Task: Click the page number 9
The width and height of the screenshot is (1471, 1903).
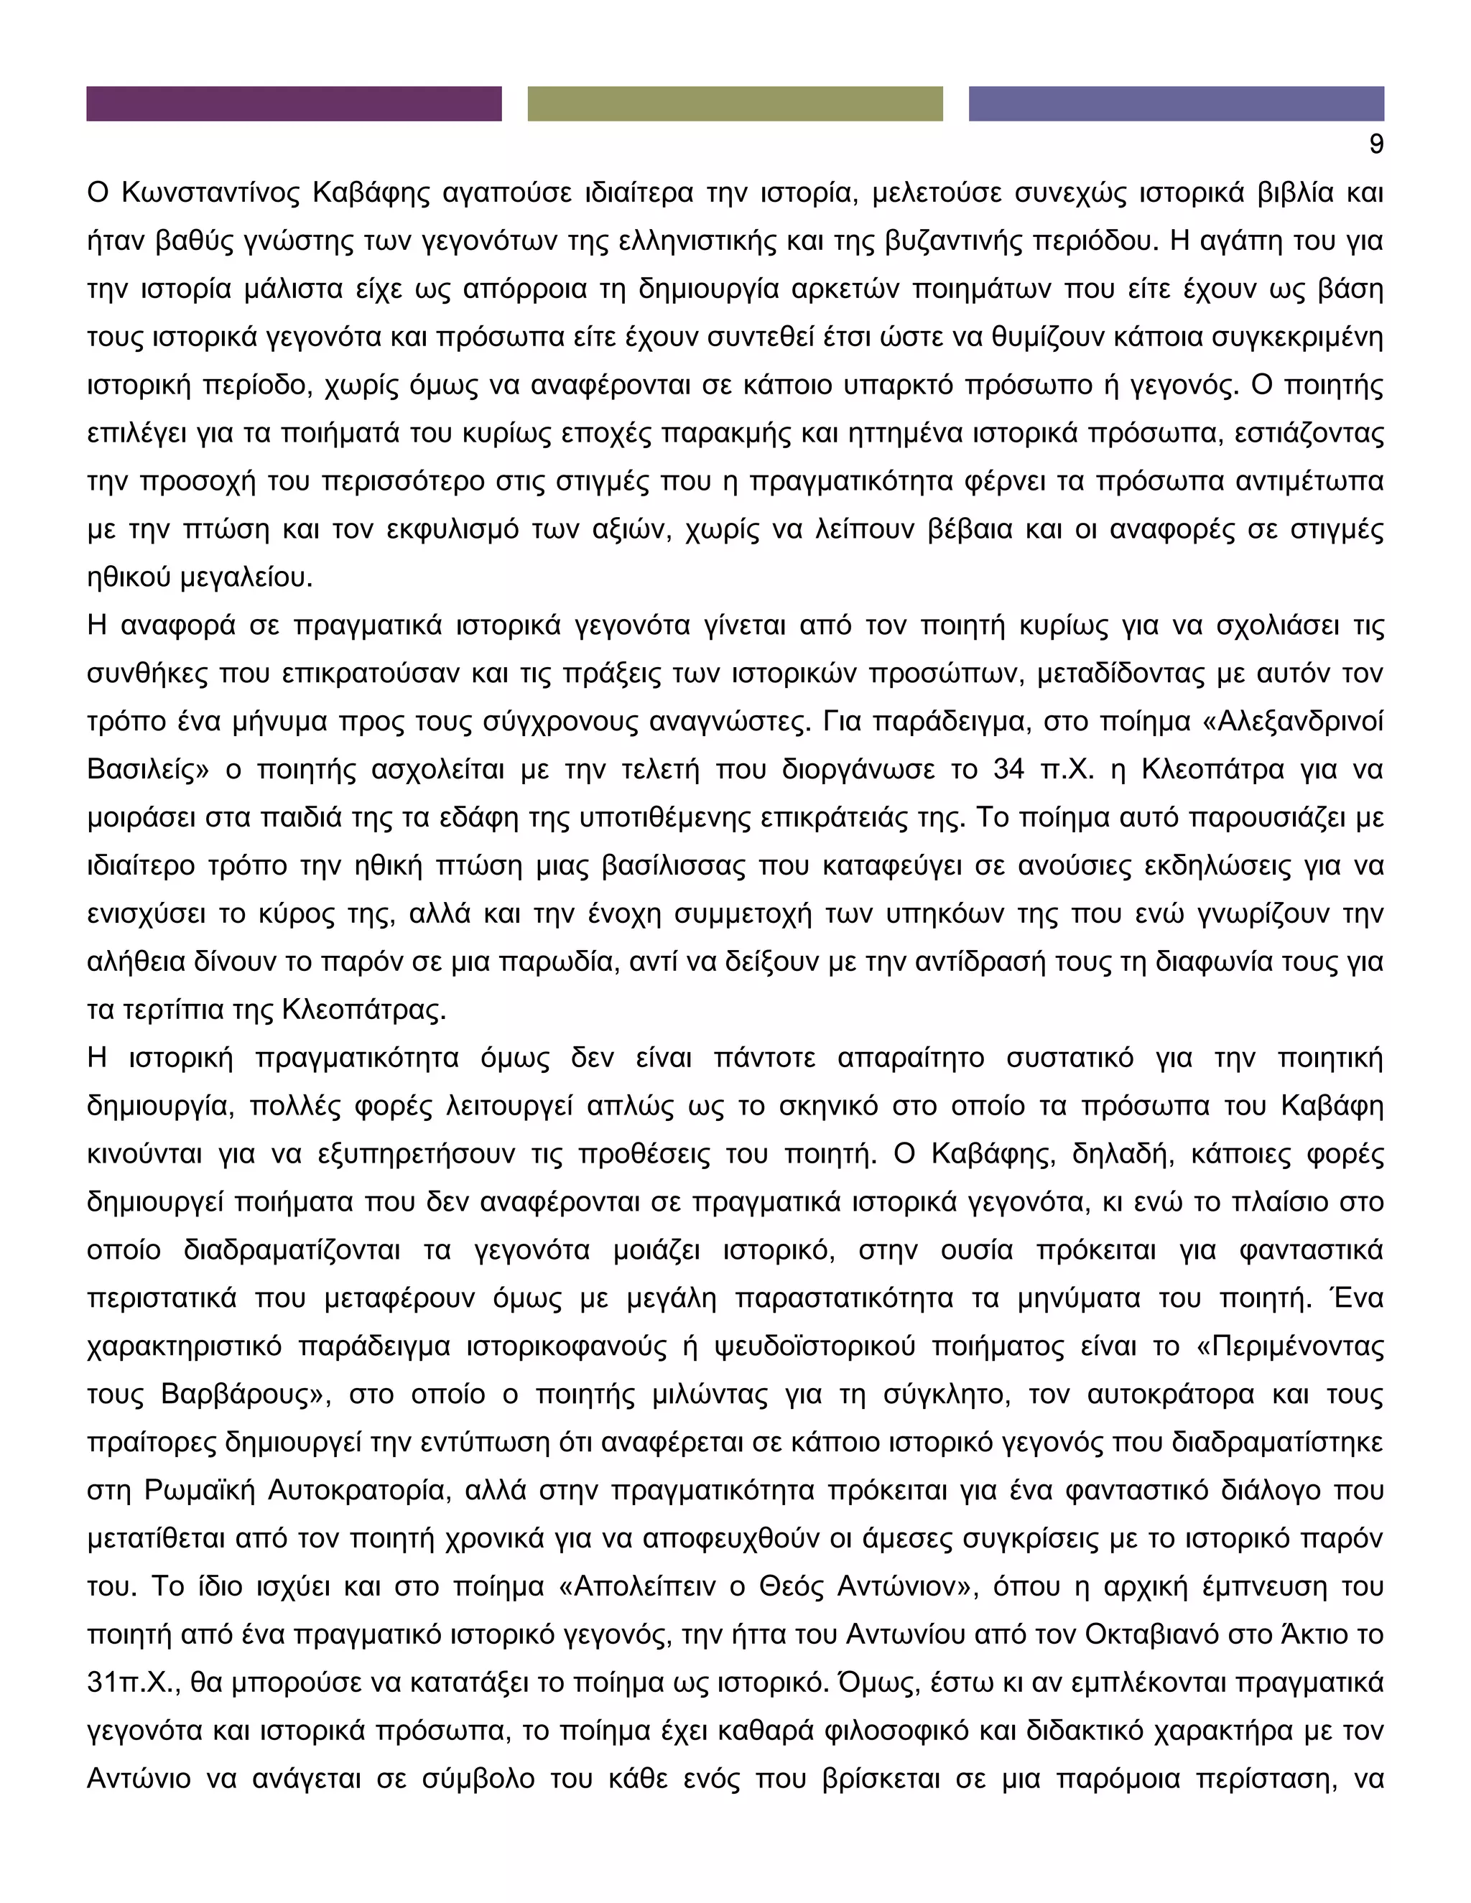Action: [x=1376, y=144]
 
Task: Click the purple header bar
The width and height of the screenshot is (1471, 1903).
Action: [x=294, y=103]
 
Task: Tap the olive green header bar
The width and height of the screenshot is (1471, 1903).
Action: [x=735, y=103]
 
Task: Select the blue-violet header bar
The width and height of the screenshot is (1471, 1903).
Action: [x=1176, y=103]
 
